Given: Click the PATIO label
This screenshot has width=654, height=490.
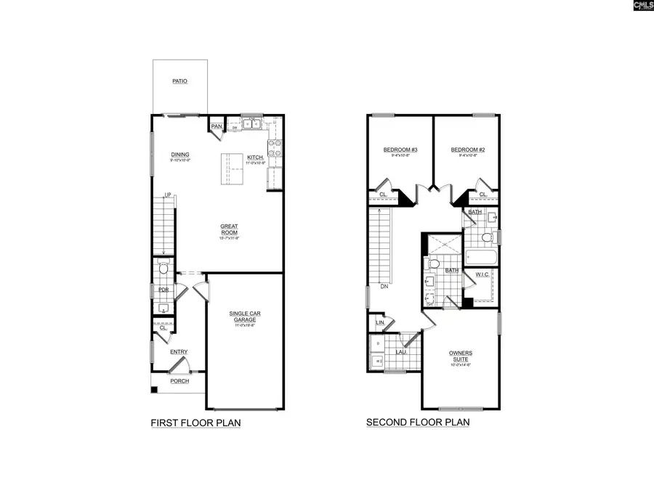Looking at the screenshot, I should (179, 81).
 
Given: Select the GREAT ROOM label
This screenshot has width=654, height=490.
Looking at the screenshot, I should (229, 229).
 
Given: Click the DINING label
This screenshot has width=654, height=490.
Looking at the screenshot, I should (180, 155).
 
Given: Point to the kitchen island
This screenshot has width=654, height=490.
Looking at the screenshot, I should (233, 171).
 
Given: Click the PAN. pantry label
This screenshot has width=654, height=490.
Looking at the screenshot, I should (216, 127).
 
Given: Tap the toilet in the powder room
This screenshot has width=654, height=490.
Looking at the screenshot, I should (163, 269).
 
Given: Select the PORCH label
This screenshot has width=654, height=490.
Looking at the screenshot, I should (179, 381).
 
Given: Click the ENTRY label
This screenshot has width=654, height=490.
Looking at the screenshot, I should (179, 352).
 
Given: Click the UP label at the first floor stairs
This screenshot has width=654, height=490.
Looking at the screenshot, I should (167, 195).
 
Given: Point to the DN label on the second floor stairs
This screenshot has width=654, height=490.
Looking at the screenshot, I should (383, 286).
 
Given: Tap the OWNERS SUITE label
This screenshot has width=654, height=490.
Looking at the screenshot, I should (459, 356).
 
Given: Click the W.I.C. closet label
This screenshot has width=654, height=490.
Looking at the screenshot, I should (481, 274).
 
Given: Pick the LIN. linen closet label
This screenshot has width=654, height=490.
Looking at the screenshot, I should (379, 322).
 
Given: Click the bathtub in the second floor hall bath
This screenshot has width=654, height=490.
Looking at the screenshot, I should (480, 256).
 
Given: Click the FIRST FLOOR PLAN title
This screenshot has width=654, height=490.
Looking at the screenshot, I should (195, 422).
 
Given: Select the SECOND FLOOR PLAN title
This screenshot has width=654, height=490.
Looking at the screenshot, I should (418, 422).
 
